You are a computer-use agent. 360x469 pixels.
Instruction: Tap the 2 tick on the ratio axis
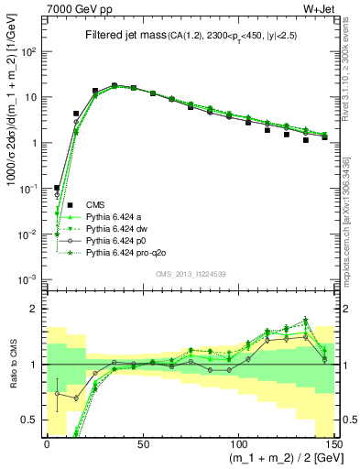pos(37,309)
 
